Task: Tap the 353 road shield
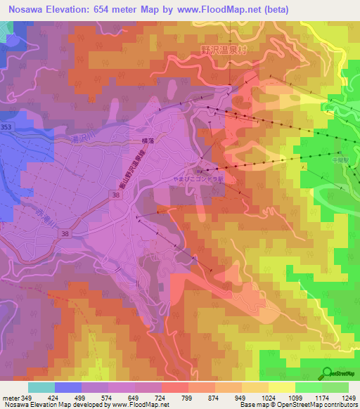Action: (x=6, y=126)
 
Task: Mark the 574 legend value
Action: (x=111, y=397)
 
